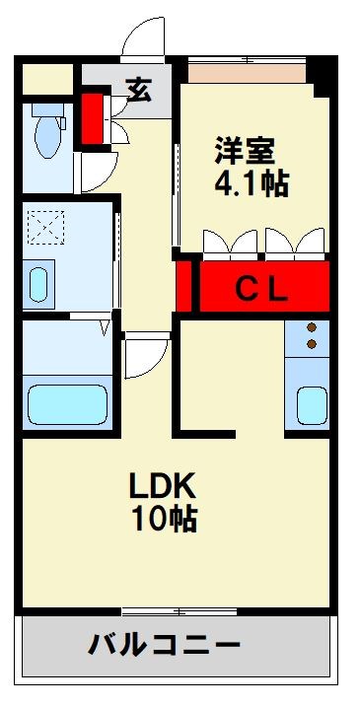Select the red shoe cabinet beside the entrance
pos(93,116)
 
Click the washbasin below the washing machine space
pos(38,284)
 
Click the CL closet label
pos(261,290)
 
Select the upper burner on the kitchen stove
pos(313,328)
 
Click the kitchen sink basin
pos(312,403)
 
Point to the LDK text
pos(164,485)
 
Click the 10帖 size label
pos(164,518)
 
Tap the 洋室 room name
pos(247,153)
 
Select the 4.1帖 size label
pos(251,184)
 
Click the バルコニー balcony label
pos(165,646)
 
